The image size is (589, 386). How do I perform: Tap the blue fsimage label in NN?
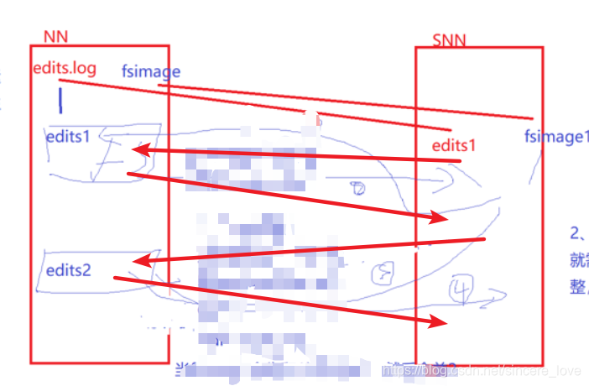point(150,71)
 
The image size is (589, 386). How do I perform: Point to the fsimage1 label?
point(556,137)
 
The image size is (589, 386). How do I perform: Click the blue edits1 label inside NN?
point(68,134)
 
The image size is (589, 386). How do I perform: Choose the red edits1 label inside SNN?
point(454,144)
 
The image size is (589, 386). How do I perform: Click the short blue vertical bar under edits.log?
point(60,100)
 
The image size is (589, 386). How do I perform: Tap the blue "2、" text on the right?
point(577,233)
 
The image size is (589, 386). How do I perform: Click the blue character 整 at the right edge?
point(577,286)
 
